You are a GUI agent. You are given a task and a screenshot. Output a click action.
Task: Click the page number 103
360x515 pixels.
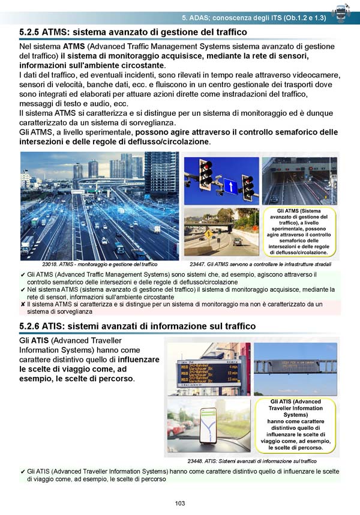coord(179,503)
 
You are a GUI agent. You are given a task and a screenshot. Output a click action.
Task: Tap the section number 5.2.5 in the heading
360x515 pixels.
coord(33,31)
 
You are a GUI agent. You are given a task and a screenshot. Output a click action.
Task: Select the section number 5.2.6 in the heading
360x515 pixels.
coord(33,326)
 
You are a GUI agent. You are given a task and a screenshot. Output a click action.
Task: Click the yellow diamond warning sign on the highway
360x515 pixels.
coord(208,233)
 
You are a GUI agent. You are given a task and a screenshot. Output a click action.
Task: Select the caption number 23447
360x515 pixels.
coord(200,264)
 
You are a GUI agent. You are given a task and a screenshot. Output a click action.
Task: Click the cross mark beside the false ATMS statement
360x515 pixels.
coord(23,305)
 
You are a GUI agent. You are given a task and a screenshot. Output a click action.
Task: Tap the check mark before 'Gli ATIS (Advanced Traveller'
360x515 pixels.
coord(23,472)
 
